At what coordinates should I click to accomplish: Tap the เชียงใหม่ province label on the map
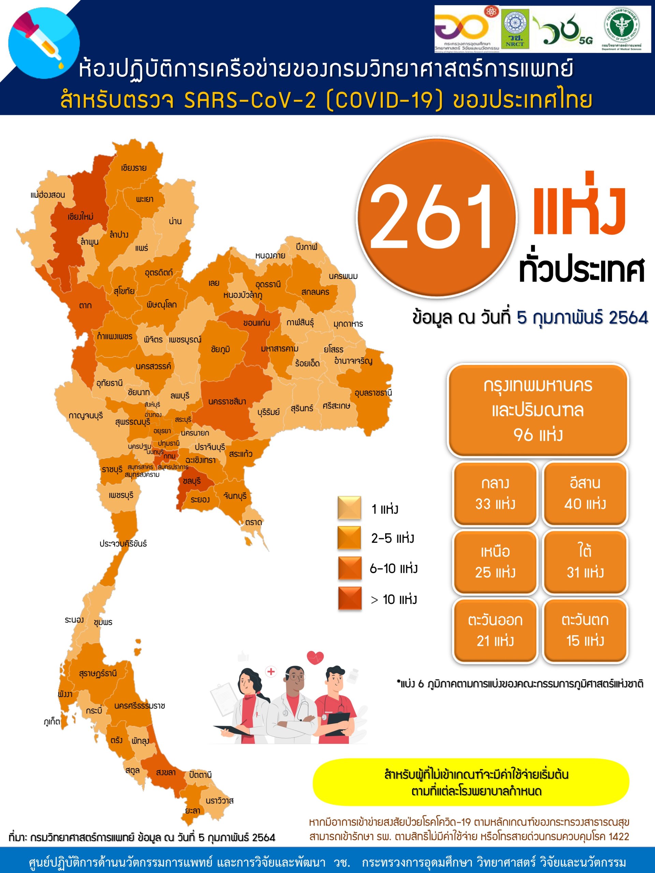coord(80,216)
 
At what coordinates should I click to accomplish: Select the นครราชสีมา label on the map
coord(227,401)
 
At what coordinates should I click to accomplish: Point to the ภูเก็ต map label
coord(52,722)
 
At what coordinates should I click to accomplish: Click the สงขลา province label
coord(166,772)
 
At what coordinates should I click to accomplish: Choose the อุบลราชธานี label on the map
coord(373,393)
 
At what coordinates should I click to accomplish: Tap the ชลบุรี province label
coord(191,481)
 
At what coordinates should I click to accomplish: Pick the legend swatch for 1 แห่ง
coord(349,507)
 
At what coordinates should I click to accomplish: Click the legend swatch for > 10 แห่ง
coord(349,598)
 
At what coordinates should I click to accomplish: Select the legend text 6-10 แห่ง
coord(393,568)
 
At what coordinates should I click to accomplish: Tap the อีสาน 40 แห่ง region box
coord(585,493)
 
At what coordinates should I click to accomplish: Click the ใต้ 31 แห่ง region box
coord(585,562)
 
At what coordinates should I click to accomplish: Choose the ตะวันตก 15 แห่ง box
coord(585,630)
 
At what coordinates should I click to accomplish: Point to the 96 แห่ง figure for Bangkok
coord(538,435)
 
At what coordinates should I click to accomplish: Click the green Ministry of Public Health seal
coord(622,28)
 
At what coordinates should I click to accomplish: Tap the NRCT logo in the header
coord(515,29)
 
